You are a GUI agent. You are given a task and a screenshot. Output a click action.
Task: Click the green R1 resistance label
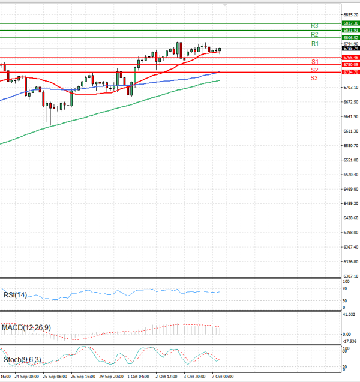pos(314,44)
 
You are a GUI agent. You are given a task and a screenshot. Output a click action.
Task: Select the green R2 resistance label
pos(314,35)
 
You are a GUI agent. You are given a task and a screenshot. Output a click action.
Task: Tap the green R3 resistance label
pos(314,26)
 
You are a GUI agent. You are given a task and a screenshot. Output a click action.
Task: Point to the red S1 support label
pos(314,62)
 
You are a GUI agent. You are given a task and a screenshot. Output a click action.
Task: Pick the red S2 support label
pos(314,70)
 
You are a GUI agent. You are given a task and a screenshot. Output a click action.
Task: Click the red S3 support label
pos(314,79)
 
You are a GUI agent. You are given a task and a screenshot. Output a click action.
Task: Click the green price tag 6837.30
pos(350,23)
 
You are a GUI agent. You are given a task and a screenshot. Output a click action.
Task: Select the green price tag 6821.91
pos(350,30)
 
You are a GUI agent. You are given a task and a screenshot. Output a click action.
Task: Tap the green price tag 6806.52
pos(350,37)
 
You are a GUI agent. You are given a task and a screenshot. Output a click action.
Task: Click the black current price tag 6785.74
pos(350,48)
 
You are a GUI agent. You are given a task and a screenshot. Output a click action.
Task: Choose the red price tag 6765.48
pos(350,58)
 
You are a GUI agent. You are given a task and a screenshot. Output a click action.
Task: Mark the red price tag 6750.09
pos(350,64)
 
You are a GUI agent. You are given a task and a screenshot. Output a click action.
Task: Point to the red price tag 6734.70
pos(350,72)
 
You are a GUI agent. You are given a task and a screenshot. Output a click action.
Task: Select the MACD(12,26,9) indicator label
pos(26,327)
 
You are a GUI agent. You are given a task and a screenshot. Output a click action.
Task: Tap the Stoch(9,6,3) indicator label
pos(22,360)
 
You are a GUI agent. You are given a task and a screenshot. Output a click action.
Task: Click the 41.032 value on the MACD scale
pos(349,314)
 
